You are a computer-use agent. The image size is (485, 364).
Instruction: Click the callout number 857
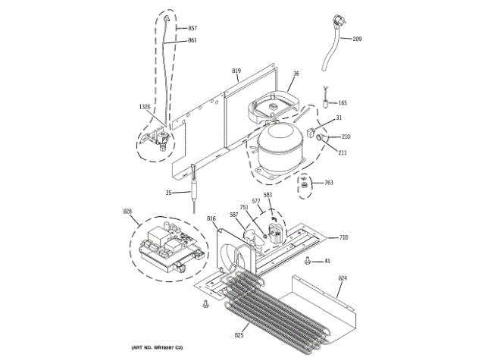coord(192,28)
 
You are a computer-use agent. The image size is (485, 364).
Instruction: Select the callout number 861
coord(192,40)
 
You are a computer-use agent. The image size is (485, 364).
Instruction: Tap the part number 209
coord(357,39)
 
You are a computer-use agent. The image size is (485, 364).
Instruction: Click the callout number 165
coord(343,102)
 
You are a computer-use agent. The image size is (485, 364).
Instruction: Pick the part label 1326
coord(144,107)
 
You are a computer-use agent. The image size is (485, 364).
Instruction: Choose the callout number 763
coord(329,182)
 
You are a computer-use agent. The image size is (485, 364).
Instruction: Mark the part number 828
coord(127,212)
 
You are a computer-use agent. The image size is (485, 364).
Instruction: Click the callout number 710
coord(343,237)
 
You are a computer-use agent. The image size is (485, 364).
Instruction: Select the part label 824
coord(343,279)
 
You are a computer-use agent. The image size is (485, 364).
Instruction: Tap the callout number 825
coord(239,334)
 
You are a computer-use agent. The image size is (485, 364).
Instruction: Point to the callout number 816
coord(211,218)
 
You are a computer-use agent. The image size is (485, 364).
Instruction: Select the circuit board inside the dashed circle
coord(168,244)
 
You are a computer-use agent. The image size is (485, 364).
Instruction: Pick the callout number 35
coord(168,193)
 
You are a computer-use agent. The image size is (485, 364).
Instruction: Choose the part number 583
coord(268,195)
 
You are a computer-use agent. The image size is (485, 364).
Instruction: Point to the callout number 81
coord(327,262)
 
